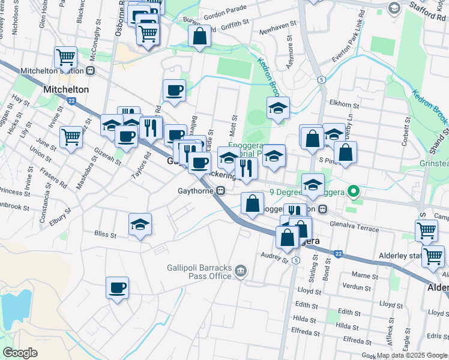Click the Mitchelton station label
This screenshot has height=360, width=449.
[52, 71]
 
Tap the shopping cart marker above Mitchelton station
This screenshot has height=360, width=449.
[66, 58]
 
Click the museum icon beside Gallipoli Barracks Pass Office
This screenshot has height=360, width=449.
[241, 272]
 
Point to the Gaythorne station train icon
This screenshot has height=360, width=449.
[221, 191]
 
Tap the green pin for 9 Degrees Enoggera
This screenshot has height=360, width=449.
[354, 192]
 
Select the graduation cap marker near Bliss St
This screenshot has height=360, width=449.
[140, 225]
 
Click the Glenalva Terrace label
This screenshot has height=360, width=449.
[354, 227]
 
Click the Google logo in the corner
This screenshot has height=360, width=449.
[20, 352]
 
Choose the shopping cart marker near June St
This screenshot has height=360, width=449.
[71, 137]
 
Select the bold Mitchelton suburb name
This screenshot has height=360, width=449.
[66, 89]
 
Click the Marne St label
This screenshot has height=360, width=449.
[364, 275]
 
